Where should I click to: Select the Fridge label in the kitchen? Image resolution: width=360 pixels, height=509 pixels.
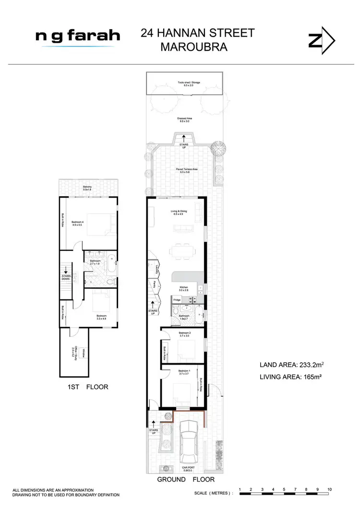coord(177,300)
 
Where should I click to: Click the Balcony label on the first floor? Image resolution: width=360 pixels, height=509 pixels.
coord(87,188)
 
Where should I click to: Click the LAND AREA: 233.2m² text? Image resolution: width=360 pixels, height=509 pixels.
coord(289,365)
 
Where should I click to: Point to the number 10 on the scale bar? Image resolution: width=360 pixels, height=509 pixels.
coord(329,490)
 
